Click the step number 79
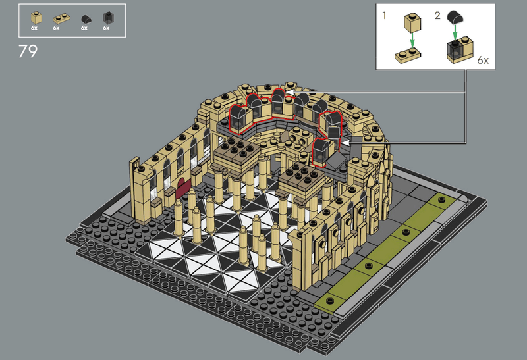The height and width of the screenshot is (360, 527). point(28,51)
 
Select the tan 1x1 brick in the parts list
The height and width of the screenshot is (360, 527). point(36,18)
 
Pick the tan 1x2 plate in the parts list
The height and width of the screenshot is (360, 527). point(61,18)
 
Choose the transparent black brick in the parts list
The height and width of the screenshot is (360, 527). point(107,18)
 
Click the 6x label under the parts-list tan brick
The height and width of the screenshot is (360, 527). point(34,28)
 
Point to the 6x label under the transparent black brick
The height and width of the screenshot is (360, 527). point(106,28)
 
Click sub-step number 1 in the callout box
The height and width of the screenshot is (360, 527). point(385,15)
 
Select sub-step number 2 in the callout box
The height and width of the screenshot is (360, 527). point(437,15)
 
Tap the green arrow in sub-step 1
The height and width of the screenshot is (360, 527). point(413,39)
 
